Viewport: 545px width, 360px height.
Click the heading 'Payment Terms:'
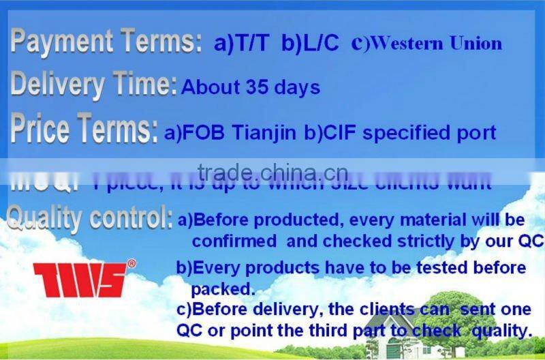pos(106,42)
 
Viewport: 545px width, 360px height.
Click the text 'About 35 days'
pos(251,87)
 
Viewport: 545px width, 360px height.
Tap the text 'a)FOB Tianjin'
pos(230,132)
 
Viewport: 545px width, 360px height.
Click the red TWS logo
pos(79,280)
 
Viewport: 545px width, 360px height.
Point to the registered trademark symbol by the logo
pos(131,263)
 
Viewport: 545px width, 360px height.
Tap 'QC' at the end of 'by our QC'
pos(531,241)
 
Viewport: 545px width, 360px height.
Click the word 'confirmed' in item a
pos(234,241)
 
